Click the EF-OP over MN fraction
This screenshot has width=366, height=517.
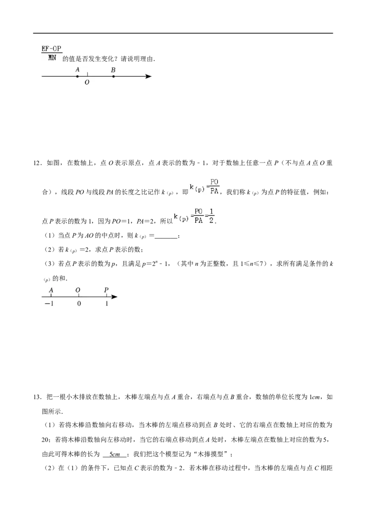[x=52, y=53]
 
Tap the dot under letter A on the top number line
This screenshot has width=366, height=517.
[x=77, y=76]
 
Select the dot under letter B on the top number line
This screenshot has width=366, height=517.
[x=113, y=76]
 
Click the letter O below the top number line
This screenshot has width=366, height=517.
[x=87, y=82]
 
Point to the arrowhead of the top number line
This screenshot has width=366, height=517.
[x=149, y=76]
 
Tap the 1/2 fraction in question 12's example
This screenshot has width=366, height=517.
[x=211, y=216]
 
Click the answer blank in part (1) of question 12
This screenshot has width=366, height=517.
[x=166, y=236]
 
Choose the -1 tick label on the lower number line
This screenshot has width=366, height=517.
[x=49, y=304]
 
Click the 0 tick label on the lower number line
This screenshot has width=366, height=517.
[x=79, y=304]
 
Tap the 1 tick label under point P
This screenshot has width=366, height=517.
[x=107, y=304]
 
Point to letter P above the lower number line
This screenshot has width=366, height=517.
[x=106, y=290]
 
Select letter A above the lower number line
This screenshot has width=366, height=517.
[x=51, y=290]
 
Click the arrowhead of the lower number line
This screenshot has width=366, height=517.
[x=114, y=297]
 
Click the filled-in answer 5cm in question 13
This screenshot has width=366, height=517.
[x=115, y=454]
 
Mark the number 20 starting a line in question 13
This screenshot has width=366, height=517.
[x=46, y=439]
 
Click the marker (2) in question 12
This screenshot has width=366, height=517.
[x=49, y=250]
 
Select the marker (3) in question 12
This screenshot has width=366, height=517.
[x=49, y=264]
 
